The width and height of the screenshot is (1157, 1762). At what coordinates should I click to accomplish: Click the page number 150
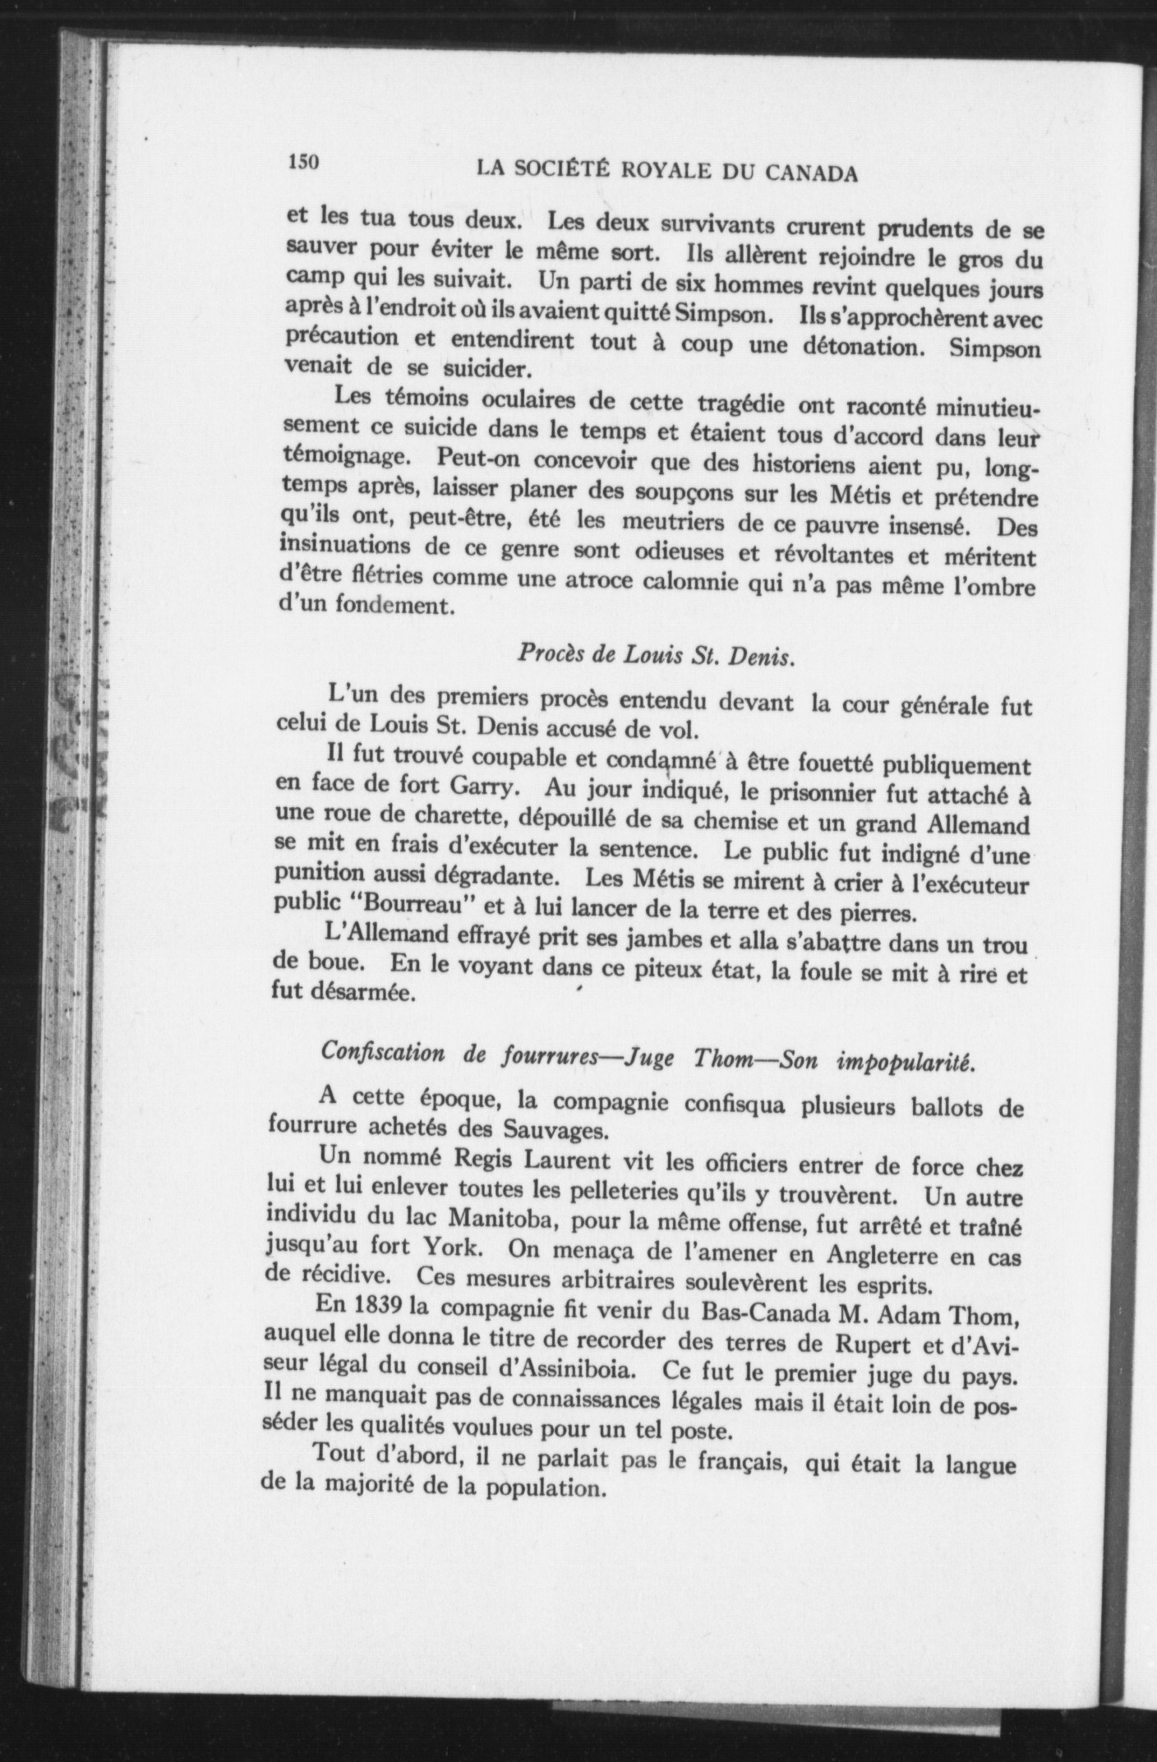point(302,162)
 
